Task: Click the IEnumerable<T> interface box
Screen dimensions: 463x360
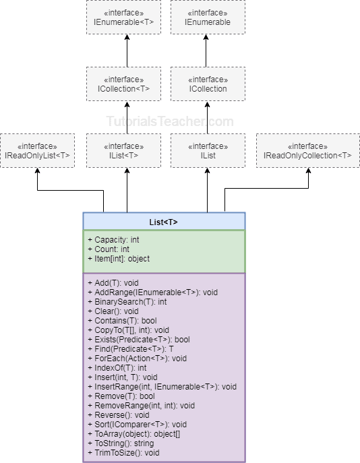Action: (x=123, y=18)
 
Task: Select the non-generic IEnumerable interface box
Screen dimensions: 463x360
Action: (x=207, y=18)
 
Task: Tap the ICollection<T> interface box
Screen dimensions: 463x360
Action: (x=123, y=84)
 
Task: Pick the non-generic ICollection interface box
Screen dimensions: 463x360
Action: (x=207, y=84)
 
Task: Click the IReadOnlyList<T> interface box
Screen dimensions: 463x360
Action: (x=37, y=150)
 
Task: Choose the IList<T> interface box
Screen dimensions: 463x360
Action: (x=123, y=150)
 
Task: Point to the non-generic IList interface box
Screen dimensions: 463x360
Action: (x=207, y=150)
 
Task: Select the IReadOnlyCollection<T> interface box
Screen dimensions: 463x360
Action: (x=307, y=150)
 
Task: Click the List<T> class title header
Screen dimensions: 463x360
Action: (x=164, y=222)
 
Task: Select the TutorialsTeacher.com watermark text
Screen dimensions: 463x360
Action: (x=170, y=122)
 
